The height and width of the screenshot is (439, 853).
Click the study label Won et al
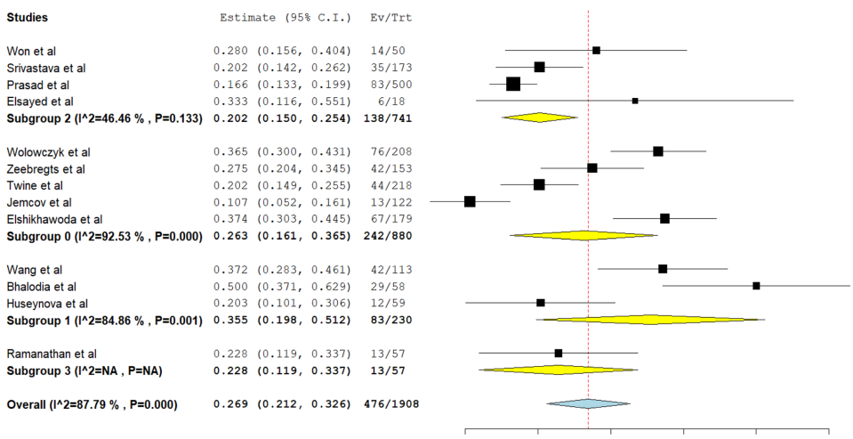coord(31,51)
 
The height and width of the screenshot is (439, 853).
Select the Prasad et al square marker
coord(513,85)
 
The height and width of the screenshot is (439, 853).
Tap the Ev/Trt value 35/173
coord(390,68)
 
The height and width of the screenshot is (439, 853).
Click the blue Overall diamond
coord(588,404)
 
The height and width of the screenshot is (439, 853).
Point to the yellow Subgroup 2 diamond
coord(540,118)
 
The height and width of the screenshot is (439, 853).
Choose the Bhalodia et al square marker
coord(756,286)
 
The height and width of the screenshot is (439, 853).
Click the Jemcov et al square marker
coord(470,201)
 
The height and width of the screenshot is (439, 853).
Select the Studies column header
coord(28,18)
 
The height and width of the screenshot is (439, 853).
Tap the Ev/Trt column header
coord(390,18)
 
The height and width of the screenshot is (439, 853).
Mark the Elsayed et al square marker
coord(635,101)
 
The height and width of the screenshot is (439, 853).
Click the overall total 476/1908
coord(391,404)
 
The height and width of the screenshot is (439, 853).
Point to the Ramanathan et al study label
coord(52,354)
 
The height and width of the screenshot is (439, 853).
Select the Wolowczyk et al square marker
coord(658,151)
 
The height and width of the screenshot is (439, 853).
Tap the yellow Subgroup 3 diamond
coord(558,370)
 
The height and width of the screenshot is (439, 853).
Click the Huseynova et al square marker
coord(541,303)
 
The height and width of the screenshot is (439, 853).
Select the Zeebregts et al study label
coord(46,168)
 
